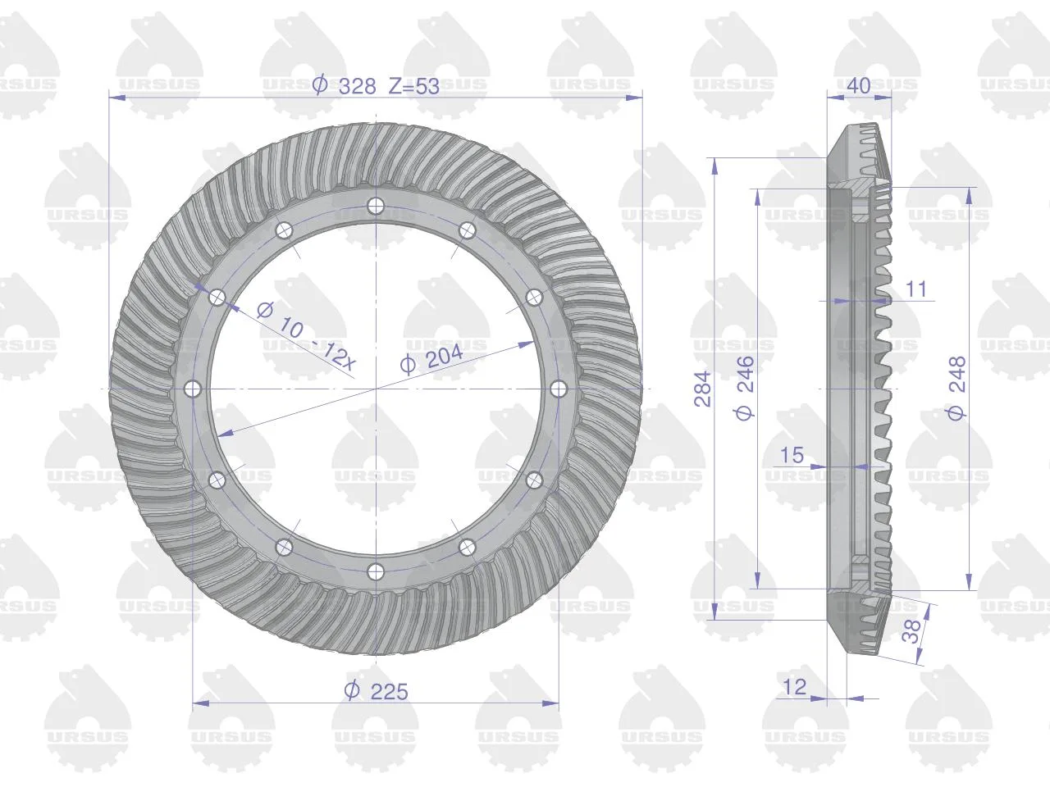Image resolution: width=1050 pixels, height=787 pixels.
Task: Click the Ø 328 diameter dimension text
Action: [x=344, y=87]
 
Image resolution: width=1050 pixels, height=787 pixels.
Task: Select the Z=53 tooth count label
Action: [x=413, y=87]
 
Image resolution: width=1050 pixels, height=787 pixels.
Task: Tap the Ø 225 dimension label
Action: [x=376, y=691]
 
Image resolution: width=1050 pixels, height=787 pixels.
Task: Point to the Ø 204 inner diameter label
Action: [x=431, y=358]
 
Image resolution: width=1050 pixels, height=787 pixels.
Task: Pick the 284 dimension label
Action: [x=703, y=389]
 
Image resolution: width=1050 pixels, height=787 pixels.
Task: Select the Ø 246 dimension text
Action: [x=744, y=388]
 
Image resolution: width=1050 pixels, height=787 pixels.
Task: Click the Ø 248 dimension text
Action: [x=956, y=388]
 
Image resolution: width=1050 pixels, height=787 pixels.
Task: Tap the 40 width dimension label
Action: [x=859, y=86]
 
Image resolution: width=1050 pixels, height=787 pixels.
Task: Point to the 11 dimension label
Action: [x=916, y=289]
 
